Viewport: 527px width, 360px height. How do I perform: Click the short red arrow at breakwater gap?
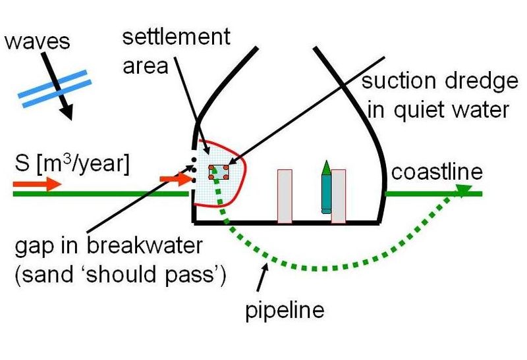pyautogui.click(x=174, y=178)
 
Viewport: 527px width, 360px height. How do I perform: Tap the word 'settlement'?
pyautogui.click(x=177, y=37)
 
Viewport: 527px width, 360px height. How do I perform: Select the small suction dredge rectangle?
pyautogui.click(x=219, y=172)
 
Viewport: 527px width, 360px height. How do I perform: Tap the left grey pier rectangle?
pyautogui.click(x=285, y=196)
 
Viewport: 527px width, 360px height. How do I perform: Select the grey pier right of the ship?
pyautogui.click(x=339, y=196)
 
